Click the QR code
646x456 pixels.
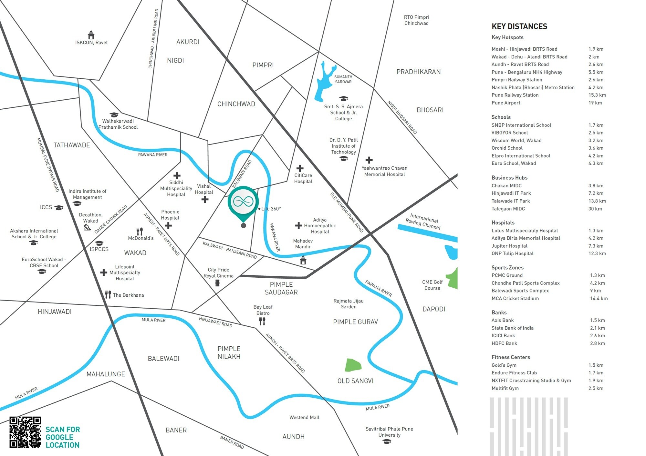click(x=25, y=432)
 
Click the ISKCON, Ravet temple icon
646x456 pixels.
click(x=91, y=35)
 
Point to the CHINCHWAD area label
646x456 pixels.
click(x=236, y=104)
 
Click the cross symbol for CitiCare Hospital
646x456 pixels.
click(x=300, y=168)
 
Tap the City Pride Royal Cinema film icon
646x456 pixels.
click(x=218, y=283)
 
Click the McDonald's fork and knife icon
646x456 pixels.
click(x=140, y=231)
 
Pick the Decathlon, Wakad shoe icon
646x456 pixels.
click(x=87, y=227)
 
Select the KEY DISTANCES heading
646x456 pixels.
click(x=519, y=26)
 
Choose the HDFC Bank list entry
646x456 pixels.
click(x=504, y=343)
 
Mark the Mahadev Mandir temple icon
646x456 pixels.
click(x=303, y=260)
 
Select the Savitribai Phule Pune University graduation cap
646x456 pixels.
click(x=387, y=441)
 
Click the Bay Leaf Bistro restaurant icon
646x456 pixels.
click(x=262, y=321)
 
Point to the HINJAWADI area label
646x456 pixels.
click(x=55, y=312)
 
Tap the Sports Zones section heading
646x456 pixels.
click(x=507, y=268)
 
